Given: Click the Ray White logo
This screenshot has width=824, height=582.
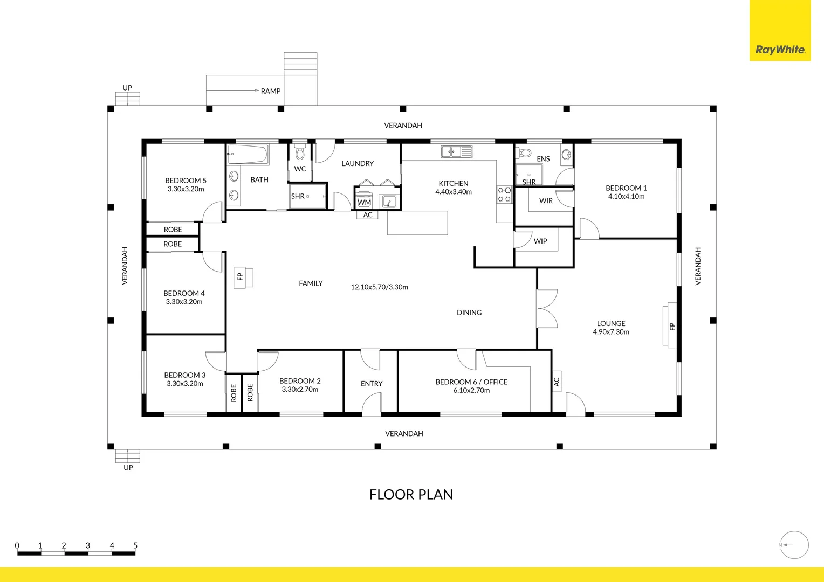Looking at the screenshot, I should [780, 50].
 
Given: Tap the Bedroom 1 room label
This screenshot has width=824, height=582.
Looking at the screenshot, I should [626, 188].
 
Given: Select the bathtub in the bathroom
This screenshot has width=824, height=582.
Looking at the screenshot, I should [248, 155].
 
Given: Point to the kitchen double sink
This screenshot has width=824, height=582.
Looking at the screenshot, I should [456, 152].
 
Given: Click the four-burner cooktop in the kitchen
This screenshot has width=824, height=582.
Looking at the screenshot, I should [504, 195].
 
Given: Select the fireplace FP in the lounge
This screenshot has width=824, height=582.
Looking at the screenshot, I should [671, 325].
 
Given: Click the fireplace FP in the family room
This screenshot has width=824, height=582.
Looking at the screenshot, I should [240, 277].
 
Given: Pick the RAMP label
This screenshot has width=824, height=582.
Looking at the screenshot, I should [270, 91].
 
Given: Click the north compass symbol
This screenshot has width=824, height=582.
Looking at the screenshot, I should [794, 545].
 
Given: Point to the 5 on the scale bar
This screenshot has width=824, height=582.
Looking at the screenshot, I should [135, 545].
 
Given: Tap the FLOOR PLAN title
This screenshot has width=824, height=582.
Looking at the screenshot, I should [411, 495].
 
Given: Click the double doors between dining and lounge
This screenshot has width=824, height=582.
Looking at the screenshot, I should [547, 309].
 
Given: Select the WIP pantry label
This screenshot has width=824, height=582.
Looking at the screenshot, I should [540, 241].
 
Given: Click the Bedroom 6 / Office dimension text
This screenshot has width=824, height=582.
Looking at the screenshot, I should [471, 390].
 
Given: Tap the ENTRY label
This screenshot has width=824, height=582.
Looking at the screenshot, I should [372, 384].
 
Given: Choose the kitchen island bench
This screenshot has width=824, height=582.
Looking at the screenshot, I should [417, 223].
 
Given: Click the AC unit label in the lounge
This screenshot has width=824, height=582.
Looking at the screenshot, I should [557, 382].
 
